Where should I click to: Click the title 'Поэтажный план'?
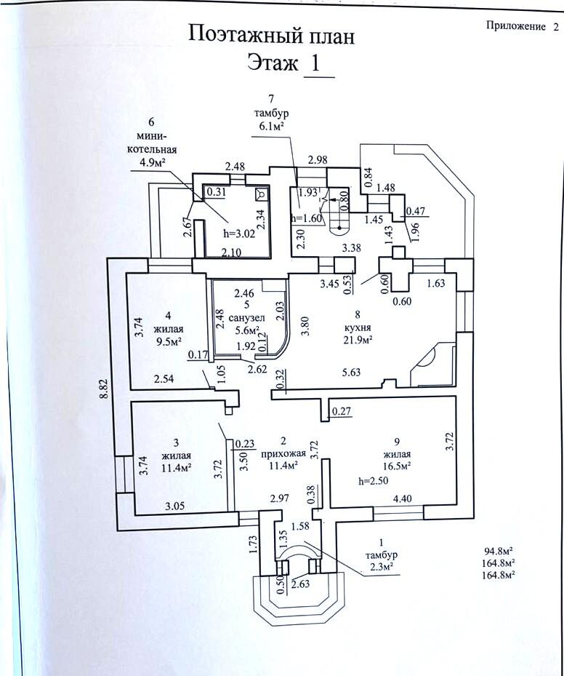click(x=271, y=34)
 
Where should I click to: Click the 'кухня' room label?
click(x=358, y=327)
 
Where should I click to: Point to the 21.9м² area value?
click(x=358, y=339)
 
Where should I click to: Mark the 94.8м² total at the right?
click(x=500, y=552)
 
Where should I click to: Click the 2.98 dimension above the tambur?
click(x=317, y=159)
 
